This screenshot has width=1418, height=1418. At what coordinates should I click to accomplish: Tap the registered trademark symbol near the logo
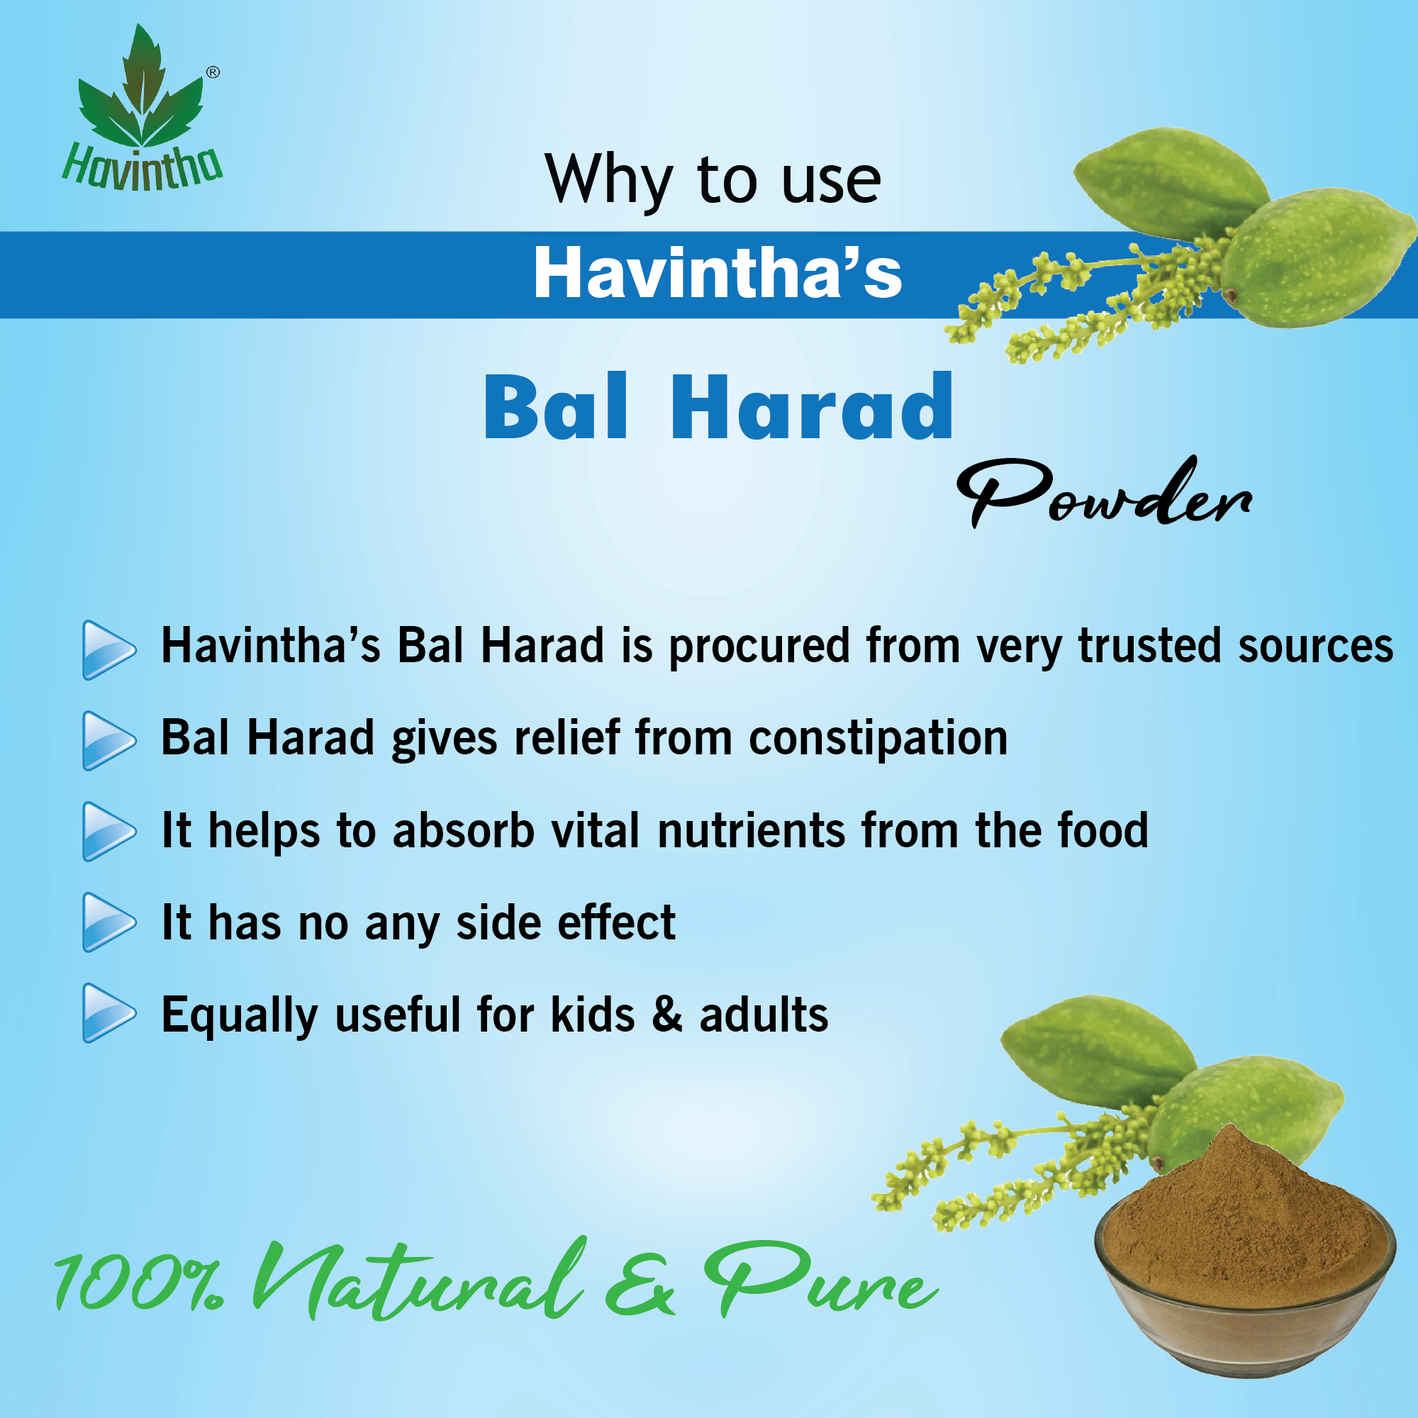point(213,72)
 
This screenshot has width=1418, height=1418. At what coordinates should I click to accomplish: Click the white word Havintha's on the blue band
point(717,273)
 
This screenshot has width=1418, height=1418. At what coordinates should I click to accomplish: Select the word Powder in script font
point(1105,492)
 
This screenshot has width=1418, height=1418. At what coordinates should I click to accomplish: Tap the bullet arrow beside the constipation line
point(109,741)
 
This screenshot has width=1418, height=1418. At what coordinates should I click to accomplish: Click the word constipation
point(878,738)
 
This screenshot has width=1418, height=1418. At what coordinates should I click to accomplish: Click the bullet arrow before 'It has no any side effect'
point(109,922)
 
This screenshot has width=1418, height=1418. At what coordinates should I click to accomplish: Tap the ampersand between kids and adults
point(667,1014)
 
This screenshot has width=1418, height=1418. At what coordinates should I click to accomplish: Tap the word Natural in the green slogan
point(419,1278)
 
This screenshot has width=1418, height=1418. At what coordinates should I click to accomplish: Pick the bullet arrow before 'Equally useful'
point(109,1014)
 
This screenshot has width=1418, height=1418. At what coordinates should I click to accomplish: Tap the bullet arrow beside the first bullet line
point(109,649)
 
